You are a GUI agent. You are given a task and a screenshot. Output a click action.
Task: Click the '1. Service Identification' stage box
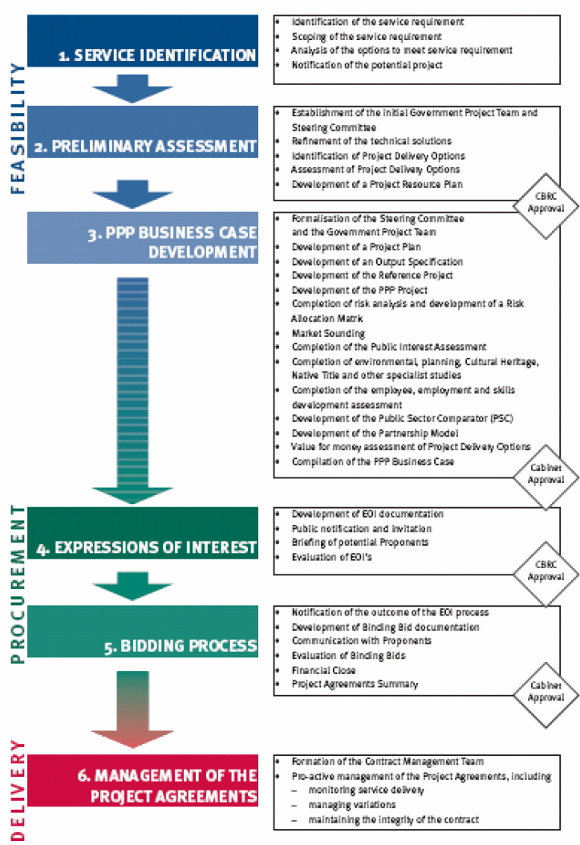click(143, 40)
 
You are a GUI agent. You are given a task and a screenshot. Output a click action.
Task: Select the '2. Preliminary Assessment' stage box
click(143, 132)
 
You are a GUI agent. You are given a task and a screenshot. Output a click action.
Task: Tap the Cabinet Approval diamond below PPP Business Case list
click(546, 473)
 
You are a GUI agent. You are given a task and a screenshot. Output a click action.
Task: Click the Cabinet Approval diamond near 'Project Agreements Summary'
click(546, 692)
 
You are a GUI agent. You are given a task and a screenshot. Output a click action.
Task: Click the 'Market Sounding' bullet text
click(328, 333)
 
